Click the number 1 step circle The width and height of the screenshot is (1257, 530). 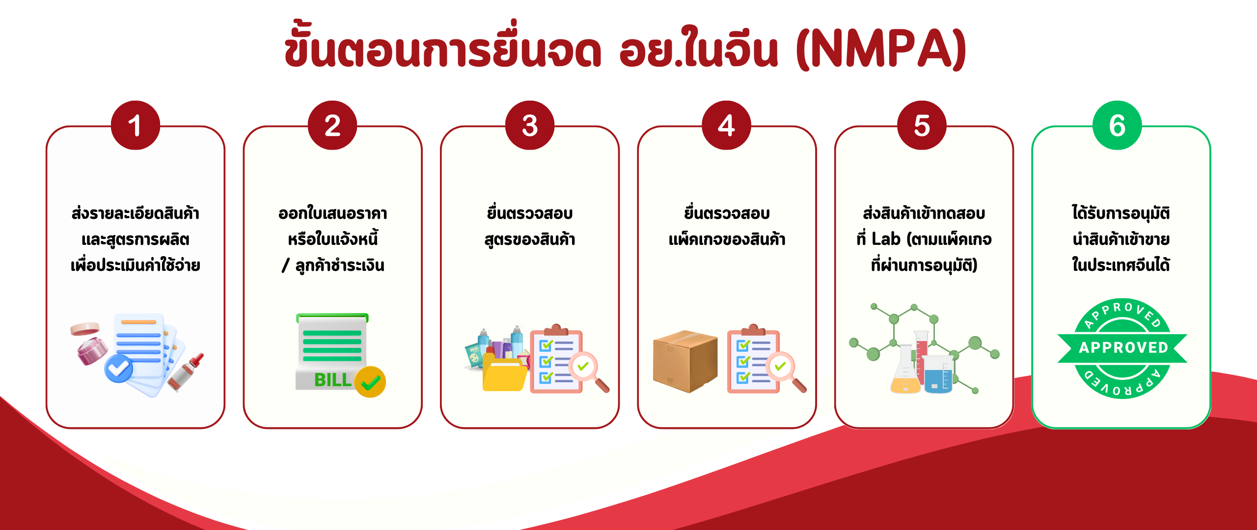coord(136,125)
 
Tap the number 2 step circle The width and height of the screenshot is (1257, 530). coord(332,125)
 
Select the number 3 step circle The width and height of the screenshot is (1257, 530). coord(530,125)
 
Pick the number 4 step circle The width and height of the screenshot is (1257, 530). coord(727,125)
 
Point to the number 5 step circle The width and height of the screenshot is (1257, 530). coord(922,125)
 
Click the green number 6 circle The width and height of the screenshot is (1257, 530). coord(1118,125)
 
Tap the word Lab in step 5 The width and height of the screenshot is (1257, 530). coord(886,239)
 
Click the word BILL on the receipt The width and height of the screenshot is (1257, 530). coord(332,380)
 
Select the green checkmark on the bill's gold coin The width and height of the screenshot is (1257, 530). coord(371,382)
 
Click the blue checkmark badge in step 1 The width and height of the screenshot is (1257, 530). coord(118,369)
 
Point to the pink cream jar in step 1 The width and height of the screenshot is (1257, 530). coord(90,344)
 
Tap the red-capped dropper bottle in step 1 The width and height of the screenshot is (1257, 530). coord(186,373)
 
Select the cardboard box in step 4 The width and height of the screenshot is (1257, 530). coord(685,361)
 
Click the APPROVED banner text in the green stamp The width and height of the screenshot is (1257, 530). coord(1123,347)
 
